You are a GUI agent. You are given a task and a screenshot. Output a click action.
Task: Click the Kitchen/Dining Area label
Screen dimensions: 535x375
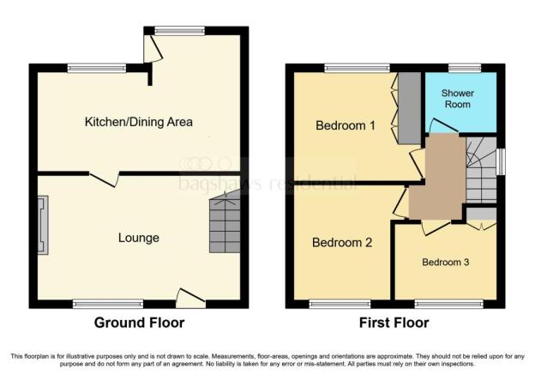point(139,122)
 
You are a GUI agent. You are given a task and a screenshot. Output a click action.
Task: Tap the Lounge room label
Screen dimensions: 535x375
point(139,238)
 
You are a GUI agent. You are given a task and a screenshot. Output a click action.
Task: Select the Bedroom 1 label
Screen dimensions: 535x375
point(346,125)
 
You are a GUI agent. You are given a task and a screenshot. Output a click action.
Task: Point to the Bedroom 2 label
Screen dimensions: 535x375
point(342,243)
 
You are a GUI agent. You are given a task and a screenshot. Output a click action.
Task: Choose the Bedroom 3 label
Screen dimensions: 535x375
point(445,262)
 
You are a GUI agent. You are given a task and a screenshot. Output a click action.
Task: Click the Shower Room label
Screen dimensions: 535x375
point(458,99)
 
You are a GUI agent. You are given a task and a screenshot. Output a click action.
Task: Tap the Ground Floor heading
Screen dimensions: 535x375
point(139,323)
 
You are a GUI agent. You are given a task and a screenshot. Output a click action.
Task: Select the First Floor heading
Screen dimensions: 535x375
point(394,323)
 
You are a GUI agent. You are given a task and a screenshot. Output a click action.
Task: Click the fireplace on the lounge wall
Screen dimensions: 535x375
point(43,226)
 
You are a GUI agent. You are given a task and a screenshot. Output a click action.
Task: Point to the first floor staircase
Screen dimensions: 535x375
point(481,170)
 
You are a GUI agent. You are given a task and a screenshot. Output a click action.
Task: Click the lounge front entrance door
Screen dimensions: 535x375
point(190,299)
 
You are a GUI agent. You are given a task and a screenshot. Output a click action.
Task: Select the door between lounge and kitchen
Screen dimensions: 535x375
point(104,179)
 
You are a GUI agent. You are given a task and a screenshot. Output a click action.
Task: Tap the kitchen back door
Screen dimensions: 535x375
point(153,49)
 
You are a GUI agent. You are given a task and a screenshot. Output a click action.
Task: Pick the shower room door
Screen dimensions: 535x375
point(443,125)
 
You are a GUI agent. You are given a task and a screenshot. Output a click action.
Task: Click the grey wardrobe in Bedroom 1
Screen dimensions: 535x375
point(410,108)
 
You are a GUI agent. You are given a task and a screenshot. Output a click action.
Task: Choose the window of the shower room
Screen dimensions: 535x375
point(465,68)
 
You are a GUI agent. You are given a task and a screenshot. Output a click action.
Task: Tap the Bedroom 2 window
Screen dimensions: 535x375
point(340,304)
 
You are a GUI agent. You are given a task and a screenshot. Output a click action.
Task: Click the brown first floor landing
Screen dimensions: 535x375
point(437,178)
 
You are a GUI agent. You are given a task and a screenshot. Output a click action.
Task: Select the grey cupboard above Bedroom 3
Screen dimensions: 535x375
point(481,214)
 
